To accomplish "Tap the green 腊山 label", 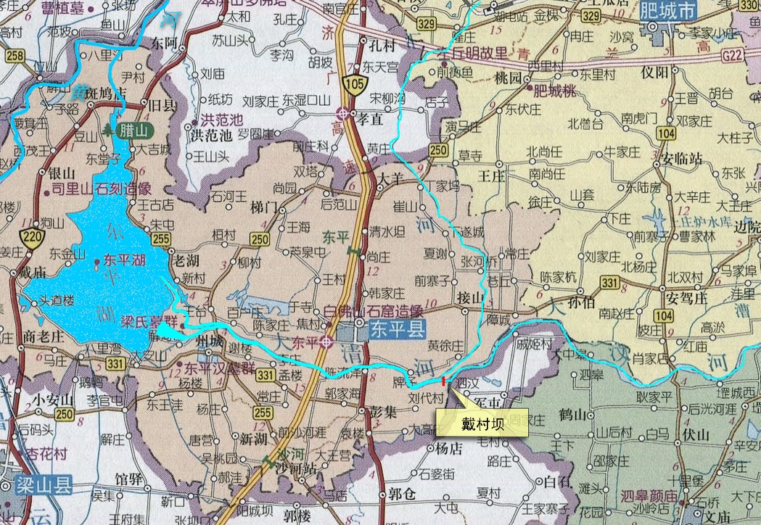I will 133,130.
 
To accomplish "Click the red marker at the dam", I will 443,380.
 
